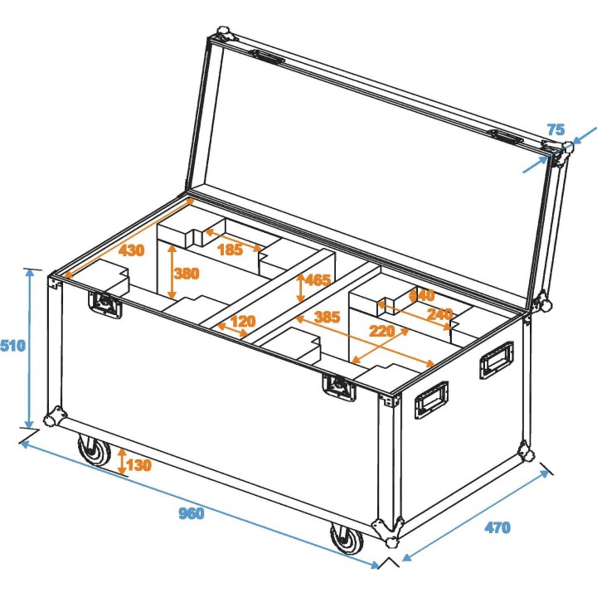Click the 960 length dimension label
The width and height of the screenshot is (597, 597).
191,513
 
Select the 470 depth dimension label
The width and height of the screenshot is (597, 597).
498,527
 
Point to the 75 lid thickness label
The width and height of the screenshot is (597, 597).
556,129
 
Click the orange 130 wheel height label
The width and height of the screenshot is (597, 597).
140,465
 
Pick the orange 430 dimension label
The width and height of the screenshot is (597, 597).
131,250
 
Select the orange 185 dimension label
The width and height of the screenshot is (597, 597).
230,249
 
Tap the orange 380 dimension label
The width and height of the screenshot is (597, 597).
187,274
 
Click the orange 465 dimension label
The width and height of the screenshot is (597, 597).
318,279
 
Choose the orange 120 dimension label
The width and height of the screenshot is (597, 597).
243,321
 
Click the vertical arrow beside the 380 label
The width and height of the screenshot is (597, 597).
172,274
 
